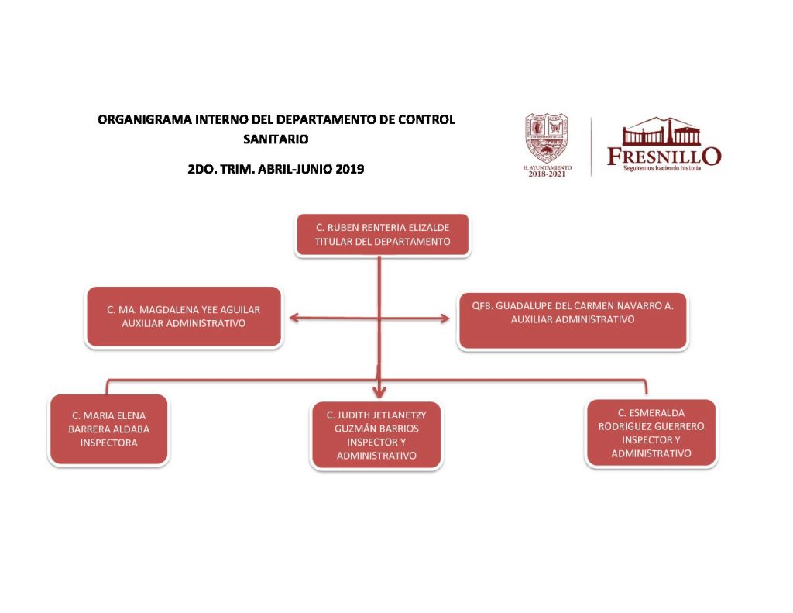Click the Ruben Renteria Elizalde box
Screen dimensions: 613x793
pyautogui.click(x=382, y=234)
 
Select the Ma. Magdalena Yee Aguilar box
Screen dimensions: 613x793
pyautogui.click(x=184, y=316)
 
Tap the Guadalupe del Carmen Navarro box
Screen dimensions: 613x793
pyautogui.click(x=572, y=320)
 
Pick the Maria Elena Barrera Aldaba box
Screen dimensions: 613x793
pyautogui.click(x=108, y=429)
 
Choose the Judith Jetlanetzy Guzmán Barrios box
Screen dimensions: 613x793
pyautogui.click(x=376, y=435)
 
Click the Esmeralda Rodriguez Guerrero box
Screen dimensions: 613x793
pyautogui.click(x=651, y=433)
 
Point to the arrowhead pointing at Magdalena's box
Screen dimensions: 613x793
pyautogui.click(x=292, y=316)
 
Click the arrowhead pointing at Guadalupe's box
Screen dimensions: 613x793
pyautogui.click(x=445, y=318)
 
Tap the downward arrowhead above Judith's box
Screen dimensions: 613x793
pyautogui.click(x=379, y=392)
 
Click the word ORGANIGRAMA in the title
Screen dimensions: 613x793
pyautogui.click(x=137, y=120)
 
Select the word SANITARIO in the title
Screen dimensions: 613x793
pyautogui.click(x=276, y=139)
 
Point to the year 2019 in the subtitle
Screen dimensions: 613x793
pyautogui.click(x=349, y=167)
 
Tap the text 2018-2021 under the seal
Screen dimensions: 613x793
pyautogui.click(x=547, y=174)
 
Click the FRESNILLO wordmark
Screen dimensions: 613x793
pyautogui.click(x=664, y=156)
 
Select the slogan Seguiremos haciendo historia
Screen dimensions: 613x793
pyautogui.click(x=662, y=168)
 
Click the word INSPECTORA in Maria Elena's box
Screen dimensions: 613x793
pyautogui.click(x=108, y=443)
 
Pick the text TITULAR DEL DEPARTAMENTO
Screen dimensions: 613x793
pyautogui.click(x=382, y=242)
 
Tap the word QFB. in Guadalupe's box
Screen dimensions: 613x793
pyautogui.click(x=482, y=305)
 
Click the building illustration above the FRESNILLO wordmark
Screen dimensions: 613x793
pyautogui.click(x=662, y=132)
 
